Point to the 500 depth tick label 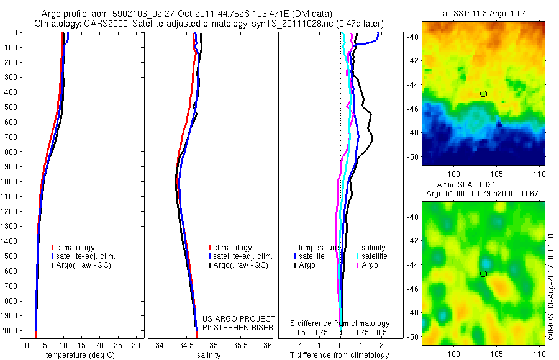(x=11, y=107)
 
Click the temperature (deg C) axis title (x=78, y=355)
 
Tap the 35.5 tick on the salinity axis (x=240, y=345)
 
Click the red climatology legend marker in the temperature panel (x=53, y=248)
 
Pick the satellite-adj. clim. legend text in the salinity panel (x=243, y=256)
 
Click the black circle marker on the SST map (x=483, y=94)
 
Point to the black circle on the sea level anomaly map (x=483, y=273)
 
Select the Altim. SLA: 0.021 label (x=483, y=186)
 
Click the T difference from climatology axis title (x=339, y=355)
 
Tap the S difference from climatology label (x=340, y=323)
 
